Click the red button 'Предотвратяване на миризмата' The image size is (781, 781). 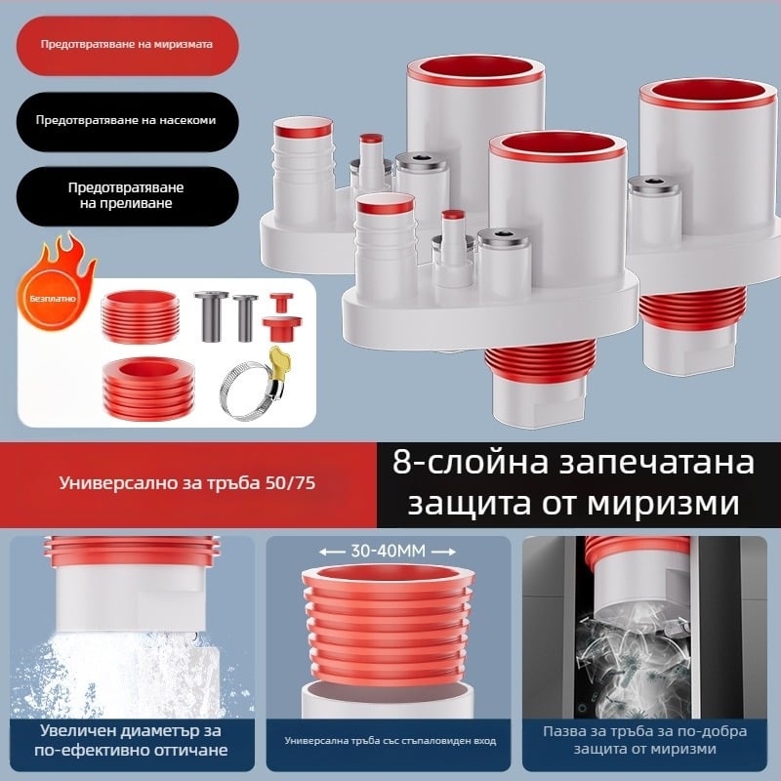click(125, 46)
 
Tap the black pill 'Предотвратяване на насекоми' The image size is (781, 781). click(125, 121)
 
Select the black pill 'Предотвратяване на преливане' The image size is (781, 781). click(125, 195)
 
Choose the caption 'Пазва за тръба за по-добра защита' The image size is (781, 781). click(644, 740)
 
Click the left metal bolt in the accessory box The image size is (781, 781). click(208, 317)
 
